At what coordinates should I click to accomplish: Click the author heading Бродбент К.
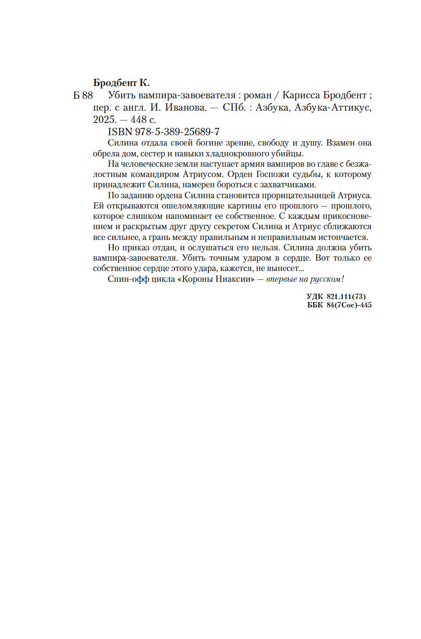coord(121,82)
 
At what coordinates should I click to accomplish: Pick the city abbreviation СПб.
coord(234,108)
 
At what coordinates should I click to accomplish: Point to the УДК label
coord(315,296)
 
